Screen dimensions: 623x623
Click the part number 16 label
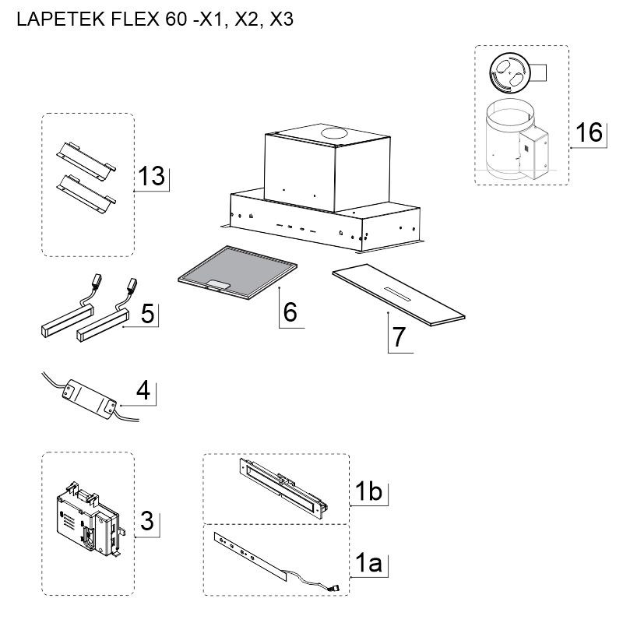[x=589, y=132]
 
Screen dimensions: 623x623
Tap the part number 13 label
[x=151, y=176]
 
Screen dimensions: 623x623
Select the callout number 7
[x=399, y=337]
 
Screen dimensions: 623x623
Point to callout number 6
[x=290, y=312]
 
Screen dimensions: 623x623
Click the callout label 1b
[x=368, y=491]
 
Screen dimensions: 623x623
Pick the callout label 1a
[x=368, y=562]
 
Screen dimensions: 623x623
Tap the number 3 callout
[x=147, y=521]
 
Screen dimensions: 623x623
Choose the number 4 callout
[x=143, y=390]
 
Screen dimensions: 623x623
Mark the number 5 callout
[x=147, y=314]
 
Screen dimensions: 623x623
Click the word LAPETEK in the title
[x=61, y=19]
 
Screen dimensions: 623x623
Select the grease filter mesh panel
[x=238, y=272]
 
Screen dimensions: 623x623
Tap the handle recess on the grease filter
[x=217, y=284]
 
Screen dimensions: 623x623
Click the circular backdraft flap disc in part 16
[x=510, y=72]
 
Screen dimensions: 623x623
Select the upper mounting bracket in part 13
[x=86, y=157]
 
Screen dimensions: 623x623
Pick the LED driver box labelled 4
[x=90, y=399]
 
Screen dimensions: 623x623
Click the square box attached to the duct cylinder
[x=533, y=153]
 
